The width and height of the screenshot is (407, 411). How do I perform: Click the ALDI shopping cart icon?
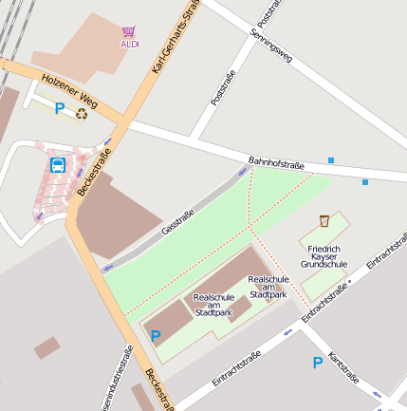coord(129,31)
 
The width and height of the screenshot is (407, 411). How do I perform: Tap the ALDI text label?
coord(129,44)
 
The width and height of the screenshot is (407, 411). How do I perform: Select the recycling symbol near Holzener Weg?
coord(83,113)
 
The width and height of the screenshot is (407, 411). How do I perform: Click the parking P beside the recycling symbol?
coord(59,109)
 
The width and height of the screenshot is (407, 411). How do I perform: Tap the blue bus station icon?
coord(58,165)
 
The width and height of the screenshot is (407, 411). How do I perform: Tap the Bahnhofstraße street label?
coord(276,164)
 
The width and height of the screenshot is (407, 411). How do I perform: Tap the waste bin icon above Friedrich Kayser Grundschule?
coord(324,220)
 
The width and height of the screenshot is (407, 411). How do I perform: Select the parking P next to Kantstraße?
coord(318,362)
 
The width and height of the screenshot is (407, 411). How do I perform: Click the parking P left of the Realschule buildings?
coord(156,335)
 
